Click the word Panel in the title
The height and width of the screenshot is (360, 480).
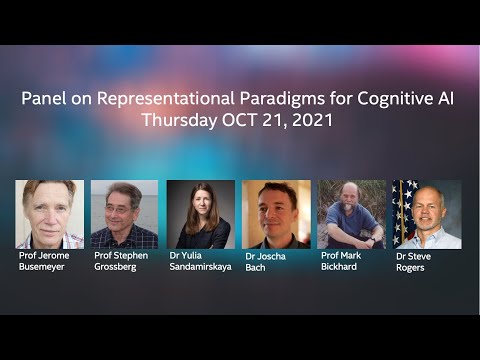tap(45, 100)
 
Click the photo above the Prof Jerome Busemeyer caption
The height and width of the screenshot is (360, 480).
tap(50, 214)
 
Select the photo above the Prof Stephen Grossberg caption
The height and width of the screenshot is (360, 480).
tap(124, 214)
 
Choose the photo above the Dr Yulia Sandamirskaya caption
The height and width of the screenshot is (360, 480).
tap(200, 214)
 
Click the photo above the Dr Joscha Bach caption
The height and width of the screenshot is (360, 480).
tap(276, 214)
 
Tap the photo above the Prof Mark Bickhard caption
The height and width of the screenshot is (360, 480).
tap(351, 214)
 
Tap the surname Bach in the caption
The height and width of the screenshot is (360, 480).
tap(256, 268)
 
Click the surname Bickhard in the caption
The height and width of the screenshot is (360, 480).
tap(343, 267)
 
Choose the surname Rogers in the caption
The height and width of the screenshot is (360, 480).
tap(410, 268)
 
